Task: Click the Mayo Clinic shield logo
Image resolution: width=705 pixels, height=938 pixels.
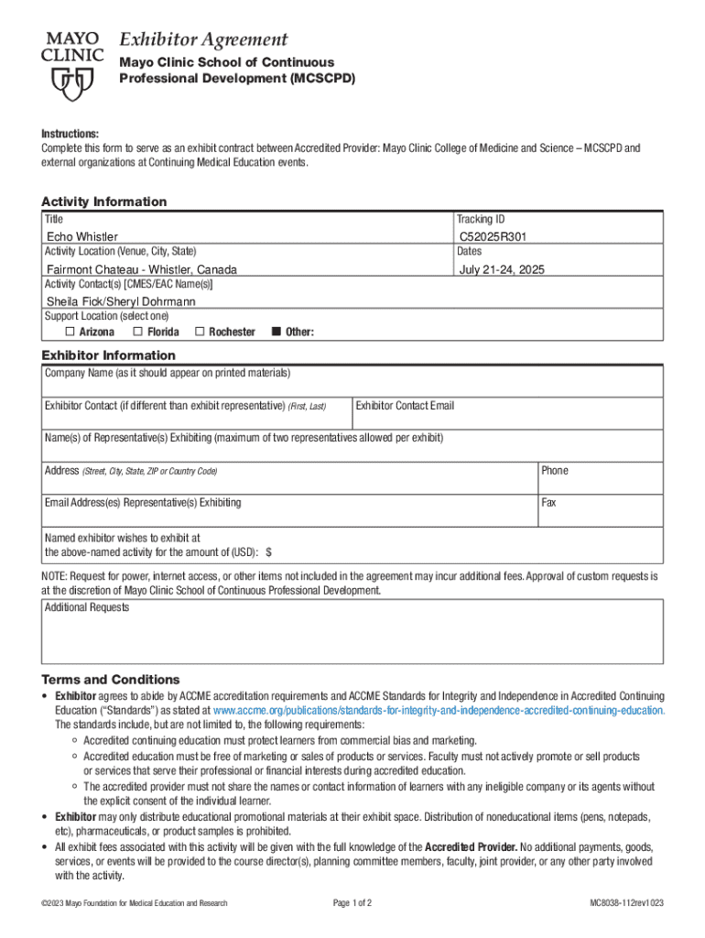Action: tap(71, 84)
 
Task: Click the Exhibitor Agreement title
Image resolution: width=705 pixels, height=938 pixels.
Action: tap(203, 39)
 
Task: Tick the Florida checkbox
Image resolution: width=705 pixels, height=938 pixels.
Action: tap(137, 332)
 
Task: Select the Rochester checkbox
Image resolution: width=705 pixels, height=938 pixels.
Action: tap(200, 332)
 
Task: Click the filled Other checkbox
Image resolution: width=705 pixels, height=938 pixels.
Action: tap(276, 332)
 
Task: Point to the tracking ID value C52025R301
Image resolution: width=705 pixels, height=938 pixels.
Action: tap(493, 236)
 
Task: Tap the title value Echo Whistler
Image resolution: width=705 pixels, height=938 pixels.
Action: tap(82, 237)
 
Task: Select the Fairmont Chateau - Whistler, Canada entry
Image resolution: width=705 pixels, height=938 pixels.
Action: tap(142, 269)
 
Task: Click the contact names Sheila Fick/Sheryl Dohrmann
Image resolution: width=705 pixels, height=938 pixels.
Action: tap(121, 301)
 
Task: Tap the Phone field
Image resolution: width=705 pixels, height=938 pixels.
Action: tap(600, 481)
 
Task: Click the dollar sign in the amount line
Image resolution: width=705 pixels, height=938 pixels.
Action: tap(268, 552)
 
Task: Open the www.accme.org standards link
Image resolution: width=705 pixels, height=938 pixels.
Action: tap(438, 711)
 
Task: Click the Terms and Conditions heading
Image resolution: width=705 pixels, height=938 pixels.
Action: tap(111, 680)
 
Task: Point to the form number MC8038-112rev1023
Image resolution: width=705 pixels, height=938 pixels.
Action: tap(626, 904)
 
